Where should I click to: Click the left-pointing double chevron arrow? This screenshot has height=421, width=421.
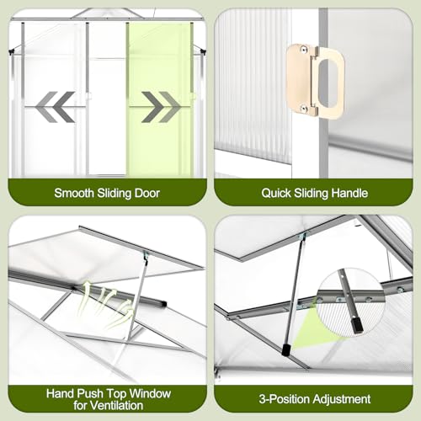(x=55, y=107)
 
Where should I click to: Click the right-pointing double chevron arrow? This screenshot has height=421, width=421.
(x=161, y=107)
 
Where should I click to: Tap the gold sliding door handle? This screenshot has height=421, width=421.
(x=315, y=81)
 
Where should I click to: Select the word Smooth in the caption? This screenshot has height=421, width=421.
(x=74, y=193)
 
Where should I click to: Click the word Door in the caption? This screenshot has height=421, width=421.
(x=147, y=193)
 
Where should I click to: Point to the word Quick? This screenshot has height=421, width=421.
(x=276, y=193)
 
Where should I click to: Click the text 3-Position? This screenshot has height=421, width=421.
(x=284, y=399)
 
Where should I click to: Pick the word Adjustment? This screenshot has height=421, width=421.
(x=342, y=399)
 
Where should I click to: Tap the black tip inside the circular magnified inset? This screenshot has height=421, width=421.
(x=356, y=328)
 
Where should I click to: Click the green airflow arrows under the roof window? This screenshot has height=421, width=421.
(x=106, y=305)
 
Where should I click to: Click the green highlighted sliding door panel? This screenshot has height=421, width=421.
(x=160, y=99)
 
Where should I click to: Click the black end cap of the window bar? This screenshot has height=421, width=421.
(x=163, y=304)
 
